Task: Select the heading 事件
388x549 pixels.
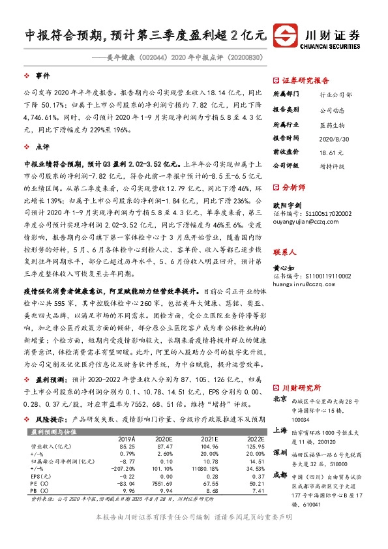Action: point(42,76)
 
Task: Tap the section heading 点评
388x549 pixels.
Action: point(42,147)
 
